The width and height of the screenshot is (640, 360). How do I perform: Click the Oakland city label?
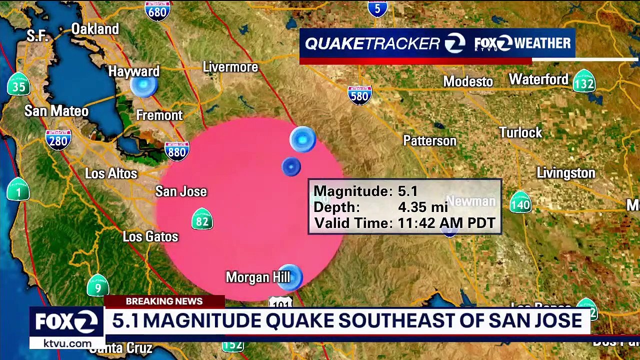95,29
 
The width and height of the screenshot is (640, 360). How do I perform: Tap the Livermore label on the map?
230,67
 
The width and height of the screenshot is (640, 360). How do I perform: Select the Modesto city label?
468,81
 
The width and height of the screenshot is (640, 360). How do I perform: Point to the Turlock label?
520,132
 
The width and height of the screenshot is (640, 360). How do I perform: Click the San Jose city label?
181,191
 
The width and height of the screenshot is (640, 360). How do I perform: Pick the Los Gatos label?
150,236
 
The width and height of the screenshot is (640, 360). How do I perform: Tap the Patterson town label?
429,141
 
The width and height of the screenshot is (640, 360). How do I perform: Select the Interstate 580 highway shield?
359,94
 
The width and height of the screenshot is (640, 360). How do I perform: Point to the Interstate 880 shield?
177,150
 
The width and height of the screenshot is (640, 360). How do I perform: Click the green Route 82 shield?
202,219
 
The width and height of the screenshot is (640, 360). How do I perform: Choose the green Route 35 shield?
18,85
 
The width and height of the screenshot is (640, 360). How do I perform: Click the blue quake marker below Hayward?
144,86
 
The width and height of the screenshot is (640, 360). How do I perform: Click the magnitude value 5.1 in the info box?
407,191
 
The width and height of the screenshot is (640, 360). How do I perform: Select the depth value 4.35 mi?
422,207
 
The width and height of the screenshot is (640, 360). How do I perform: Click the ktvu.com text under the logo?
67,343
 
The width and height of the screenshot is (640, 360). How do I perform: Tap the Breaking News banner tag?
164,301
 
